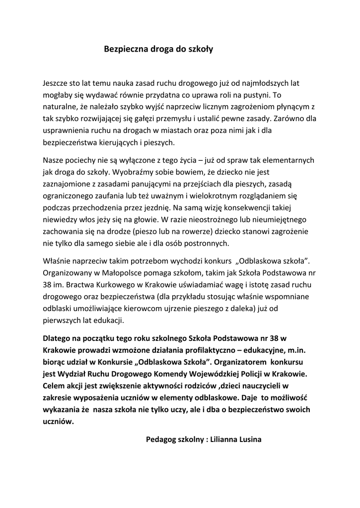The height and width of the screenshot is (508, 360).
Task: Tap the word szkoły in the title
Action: coord(200,50)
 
